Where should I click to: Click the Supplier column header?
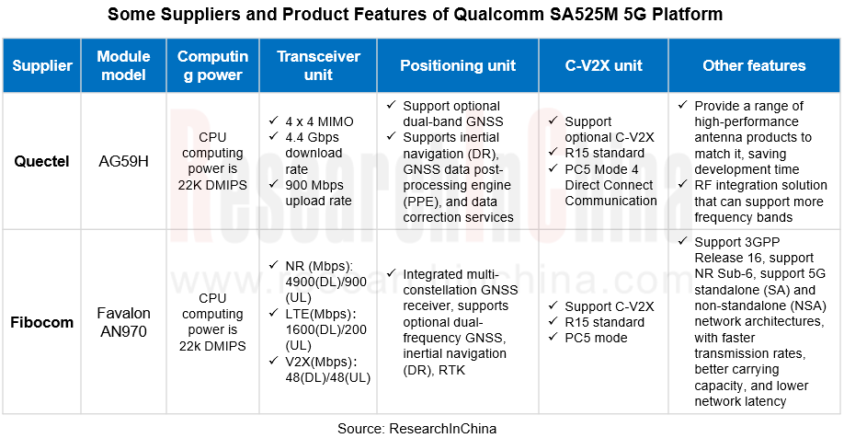42,66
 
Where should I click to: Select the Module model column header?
123,66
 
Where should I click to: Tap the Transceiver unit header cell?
318,66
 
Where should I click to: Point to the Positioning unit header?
458,66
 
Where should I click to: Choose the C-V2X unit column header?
603,66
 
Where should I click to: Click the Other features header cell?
754,66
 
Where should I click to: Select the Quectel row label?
41,161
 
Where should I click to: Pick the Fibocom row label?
42,322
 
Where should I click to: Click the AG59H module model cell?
123,161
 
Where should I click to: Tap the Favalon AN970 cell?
123,322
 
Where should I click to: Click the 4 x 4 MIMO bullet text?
319,121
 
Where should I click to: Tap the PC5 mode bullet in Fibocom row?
599,338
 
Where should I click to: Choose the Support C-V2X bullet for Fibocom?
610,306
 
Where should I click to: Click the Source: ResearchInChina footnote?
416,428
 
